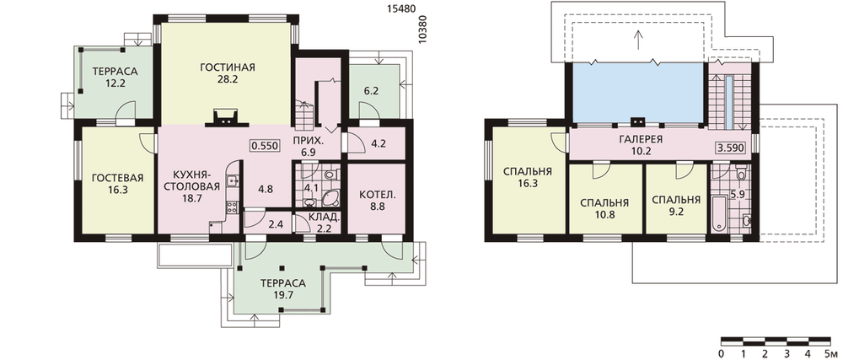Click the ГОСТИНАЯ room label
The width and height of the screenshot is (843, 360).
coord(228,67)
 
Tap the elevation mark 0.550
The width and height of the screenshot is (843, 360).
coord(263,145)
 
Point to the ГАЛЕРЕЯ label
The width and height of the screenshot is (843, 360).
coord(641,138)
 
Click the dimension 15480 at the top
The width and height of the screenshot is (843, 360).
coord(400,9)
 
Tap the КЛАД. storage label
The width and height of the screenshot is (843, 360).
coord(324,218)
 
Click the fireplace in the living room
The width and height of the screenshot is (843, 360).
coord(224,118)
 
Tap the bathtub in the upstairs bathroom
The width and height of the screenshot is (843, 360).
coord(718,214)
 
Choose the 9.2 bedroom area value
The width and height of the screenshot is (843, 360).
coord(676,212)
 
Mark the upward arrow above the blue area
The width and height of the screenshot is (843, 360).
coord(638,40)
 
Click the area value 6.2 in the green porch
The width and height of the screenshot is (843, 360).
coord(371,91)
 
